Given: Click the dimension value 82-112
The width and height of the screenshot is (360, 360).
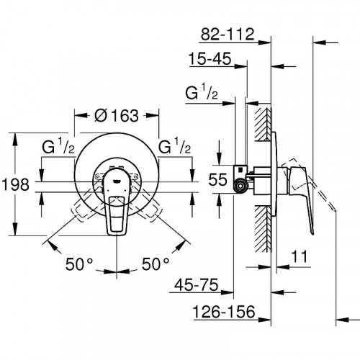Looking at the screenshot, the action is (228, 35).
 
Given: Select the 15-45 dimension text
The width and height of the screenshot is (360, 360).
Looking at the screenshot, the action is (210, 58).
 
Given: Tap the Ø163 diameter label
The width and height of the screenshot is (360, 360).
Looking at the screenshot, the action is (117, 115).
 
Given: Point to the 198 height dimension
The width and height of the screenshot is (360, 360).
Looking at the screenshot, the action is (15, 185).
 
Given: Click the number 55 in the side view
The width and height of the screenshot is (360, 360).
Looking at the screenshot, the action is (217, 179).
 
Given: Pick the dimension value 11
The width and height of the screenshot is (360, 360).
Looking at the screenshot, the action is (300, 256).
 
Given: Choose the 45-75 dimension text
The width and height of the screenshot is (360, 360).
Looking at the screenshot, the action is (197, 285).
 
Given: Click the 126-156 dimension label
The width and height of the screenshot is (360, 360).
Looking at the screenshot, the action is (224, 312).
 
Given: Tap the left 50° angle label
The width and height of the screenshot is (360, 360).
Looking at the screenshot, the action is (79, 264).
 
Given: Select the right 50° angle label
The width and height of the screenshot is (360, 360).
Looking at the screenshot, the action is (156, 264).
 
